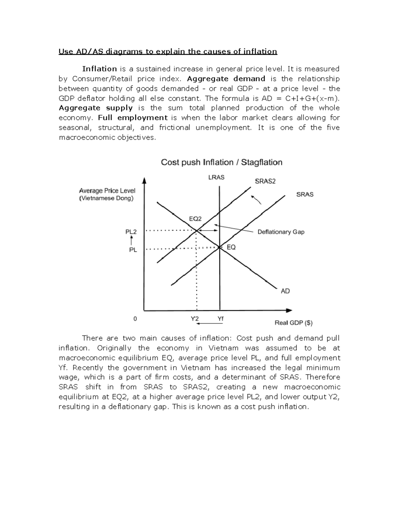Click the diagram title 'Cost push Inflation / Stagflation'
click(x=221, y=162)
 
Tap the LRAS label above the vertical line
click(x=216, y=177)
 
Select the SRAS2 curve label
click(x=265, y=181)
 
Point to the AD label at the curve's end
click(x=285, y=291)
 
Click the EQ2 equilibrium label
click(x=195, y=219)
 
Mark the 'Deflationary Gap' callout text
click(x=281, y=232)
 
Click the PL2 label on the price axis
click(x=131, y=232)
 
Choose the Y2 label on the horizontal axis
click(x=195, y=319)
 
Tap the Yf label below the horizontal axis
click(x=220, y=319)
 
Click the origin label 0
click(x=135, y=319)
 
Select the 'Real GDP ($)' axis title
click(x=293, y=323)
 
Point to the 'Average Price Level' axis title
click(x=107, y=191)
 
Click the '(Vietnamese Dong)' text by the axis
click(x=106, y=198)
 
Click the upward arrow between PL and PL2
click(x=132, y=241)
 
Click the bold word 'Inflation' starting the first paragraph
click(x=99, y=69)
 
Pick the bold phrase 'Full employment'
click(x=133, y=118)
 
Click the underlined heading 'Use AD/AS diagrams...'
click(x=168, y=52)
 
